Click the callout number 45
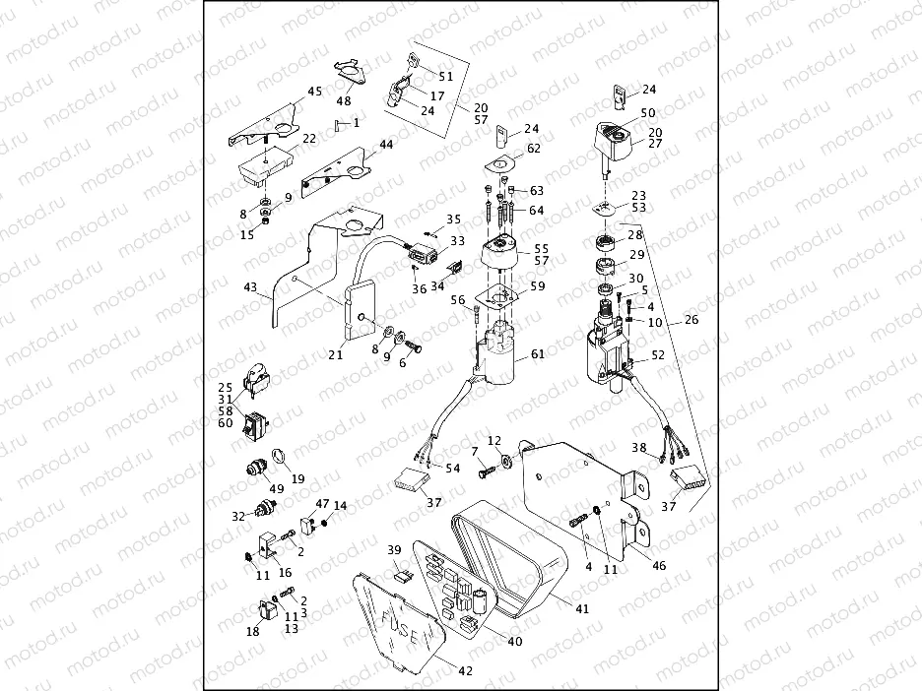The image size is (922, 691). coord(314,92)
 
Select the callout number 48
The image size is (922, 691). coord(344,100)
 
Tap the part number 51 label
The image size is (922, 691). coord(446,76)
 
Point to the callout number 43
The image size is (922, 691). coord(250,288)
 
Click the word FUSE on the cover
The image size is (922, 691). coord(398,629)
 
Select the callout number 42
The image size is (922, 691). coord(465,671)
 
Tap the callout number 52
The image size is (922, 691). coord(658,354)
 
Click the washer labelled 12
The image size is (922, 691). coord(504,460)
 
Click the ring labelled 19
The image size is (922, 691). coord(279,456)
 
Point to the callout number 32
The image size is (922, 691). coord(237,516)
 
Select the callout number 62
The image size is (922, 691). coord(534,149)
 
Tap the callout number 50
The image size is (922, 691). coord(647,113)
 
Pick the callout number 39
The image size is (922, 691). coord(393,549)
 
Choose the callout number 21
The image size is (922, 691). coord(336,355)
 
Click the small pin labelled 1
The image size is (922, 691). coord(338,124)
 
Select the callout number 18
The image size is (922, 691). coord(253,631)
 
